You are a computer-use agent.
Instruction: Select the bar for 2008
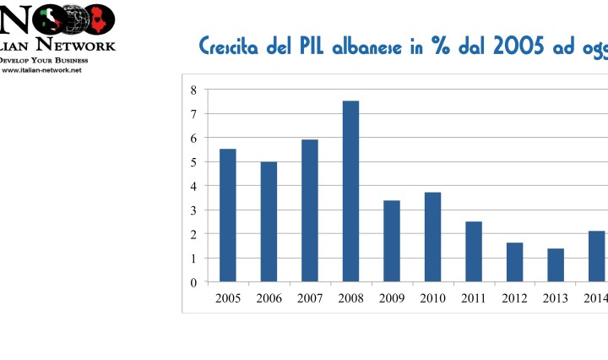[x=350, y=191]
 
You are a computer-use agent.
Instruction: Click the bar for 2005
[x=228, y=215]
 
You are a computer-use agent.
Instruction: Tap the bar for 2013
[x=556, y=265]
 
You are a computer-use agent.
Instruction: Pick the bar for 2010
[x=432, y=237]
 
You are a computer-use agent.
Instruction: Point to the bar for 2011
[x=474, y=251]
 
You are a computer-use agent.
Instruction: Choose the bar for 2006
[x=269, y=221]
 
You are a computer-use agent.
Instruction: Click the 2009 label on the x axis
[x=392, y=298]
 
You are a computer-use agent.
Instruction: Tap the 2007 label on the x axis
[x=310, y=298]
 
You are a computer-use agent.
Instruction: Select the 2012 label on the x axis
[x=514, y=298]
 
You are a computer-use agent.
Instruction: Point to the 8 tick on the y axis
[x=193, y=90]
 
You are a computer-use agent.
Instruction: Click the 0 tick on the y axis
[x=193, y=282]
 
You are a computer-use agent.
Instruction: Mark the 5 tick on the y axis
[x=193, y=161]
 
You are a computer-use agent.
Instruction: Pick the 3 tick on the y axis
[x=193, y=210]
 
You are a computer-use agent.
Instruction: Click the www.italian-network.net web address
[x=42, y=70]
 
